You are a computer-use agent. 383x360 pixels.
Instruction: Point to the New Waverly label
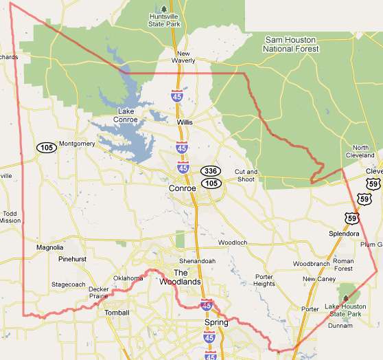(x=183, y=57)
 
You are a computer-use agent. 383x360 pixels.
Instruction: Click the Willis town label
(x=185, y=122)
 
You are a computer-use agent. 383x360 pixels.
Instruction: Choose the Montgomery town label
(x=77, y=144)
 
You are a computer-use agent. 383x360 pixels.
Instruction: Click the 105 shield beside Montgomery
(x=47, y=147)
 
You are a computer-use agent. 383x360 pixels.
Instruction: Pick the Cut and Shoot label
(x=246, y=176)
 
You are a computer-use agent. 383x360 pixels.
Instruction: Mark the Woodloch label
(x=232, y=243)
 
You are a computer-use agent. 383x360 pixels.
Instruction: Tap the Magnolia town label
(x=49, y=247)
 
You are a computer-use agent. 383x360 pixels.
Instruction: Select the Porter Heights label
(x=264, y=280)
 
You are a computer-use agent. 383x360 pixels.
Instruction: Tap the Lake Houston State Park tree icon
(x=346, y=298)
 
